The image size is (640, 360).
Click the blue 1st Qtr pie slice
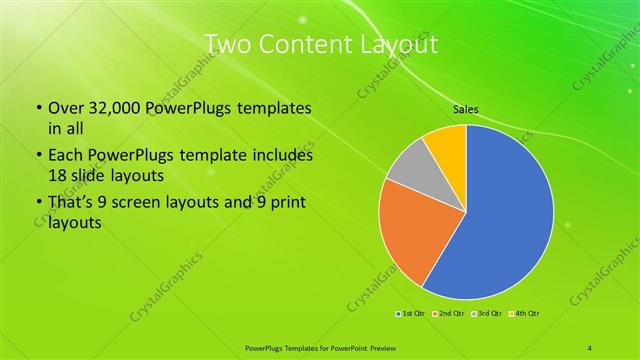500,220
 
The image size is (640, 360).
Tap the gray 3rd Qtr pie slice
407,169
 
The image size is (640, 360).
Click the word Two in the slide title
226,44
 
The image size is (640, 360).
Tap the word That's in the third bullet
70,205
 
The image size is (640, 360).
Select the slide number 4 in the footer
590,347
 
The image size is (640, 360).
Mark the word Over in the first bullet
64,107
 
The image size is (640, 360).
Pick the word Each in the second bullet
66,156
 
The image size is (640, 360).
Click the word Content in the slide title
301,44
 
